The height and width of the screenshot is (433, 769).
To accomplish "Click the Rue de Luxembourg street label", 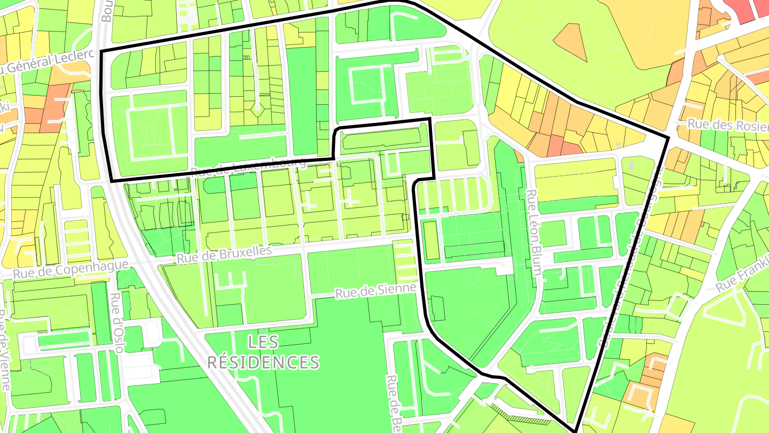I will coord(248,166).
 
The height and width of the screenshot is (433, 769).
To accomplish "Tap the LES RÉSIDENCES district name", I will coord(263,352).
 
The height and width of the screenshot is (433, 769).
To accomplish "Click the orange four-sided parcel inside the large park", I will coord(570,43).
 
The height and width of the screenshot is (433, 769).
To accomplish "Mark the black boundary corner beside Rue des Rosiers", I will coord(668,138).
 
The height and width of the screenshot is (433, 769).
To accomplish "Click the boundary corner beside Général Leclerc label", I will coord(101,51).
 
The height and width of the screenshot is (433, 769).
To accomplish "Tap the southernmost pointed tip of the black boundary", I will coord(576,430).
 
